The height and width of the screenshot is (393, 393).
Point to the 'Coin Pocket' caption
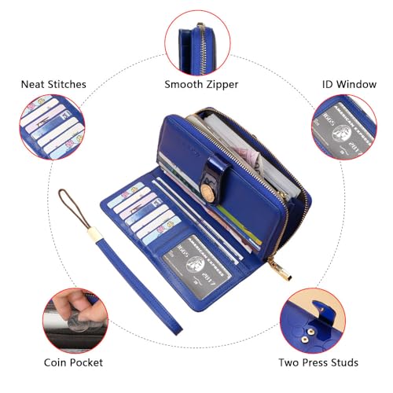(x=72, y=362)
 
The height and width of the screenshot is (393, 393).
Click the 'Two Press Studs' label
(x=318, y=362)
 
